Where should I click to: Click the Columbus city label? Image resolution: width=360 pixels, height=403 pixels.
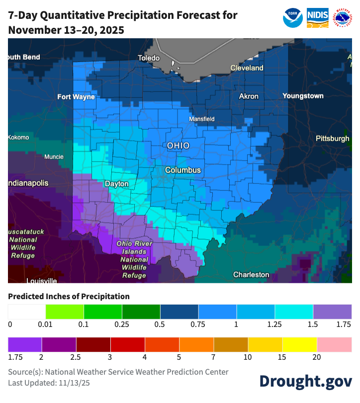coord(182,170)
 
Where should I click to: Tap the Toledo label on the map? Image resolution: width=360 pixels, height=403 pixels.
coord(149,58)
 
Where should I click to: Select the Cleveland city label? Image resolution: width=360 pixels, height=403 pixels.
coord(247,68)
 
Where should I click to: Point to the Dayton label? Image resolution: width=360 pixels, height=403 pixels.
coord(116,184)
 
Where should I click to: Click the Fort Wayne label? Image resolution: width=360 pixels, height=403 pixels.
coord(76,97)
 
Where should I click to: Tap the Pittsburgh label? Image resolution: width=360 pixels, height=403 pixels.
coord(332,139)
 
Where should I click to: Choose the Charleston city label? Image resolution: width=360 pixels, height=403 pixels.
coord(251,274)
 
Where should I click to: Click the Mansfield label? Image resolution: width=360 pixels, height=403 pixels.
coord(201,119)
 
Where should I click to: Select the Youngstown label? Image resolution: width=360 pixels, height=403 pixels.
coord(303,96)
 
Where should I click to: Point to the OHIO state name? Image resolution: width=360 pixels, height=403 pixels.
coord(178,146)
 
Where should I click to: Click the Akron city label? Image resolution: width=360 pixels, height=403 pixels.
coord(249,96)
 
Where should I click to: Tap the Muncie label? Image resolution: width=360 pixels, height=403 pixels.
coord(54,157)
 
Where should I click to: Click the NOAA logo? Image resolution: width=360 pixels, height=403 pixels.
coord(293,17)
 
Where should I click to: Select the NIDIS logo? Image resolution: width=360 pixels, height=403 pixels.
coord(317,17)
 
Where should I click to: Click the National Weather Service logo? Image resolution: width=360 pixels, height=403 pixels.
coord(342,17)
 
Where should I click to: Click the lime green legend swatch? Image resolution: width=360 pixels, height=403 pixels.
coord(65,312)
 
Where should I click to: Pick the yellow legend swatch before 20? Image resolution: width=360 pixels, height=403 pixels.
coord(300,344)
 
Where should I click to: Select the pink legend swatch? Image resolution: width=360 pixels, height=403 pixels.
coord(334,344)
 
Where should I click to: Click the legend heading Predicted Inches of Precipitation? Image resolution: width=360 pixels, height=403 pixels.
coord(69,296)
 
